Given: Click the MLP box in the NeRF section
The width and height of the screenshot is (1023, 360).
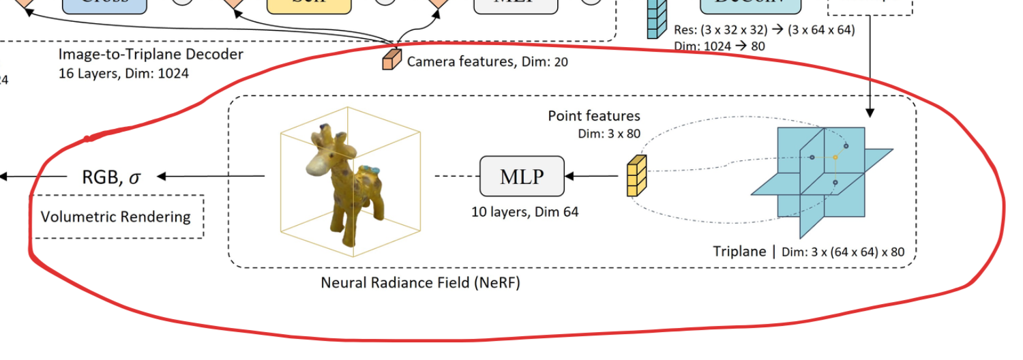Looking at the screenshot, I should [522, 176].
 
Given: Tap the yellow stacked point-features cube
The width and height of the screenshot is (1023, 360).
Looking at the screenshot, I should [636, 176].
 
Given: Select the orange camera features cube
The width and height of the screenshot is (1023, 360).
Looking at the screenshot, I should [391, 58].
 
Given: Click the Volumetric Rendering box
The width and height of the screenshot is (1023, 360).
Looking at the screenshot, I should [116, 217].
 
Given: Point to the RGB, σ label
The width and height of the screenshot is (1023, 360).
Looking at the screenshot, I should [111, 177].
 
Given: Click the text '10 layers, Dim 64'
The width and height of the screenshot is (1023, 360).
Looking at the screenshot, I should [524, 212].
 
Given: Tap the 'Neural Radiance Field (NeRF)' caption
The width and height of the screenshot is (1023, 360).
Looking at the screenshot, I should [420, 282].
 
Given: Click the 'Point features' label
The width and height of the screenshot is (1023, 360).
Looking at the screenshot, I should [594, 116].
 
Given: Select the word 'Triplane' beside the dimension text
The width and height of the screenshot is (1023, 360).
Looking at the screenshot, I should [740, 252].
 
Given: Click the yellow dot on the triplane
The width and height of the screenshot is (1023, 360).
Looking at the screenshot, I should [835, 157].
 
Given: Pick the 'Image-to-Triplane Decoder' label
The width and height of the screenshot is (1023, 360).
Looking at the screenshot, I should [151, 55].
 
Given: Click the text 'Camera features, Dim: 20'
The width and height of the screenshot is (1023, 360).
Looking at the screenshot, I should [487, 62].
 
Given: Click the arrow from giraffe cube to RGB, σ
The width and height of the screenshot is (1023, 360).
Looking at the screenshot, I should [211, 177].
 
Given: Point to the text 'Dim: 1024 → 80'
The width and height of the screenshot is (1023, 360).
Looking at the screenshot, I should [719, 46].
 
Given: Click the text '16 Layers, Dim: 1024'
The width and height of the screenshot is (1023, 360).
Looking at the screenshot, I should [124, 73].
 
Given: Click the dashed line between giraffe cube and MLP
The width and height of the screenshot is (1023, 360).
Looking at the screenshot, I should [457, 177].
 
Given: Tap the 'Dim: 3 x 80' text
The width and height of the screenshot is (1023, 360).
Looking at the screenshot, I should [609, 134].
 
